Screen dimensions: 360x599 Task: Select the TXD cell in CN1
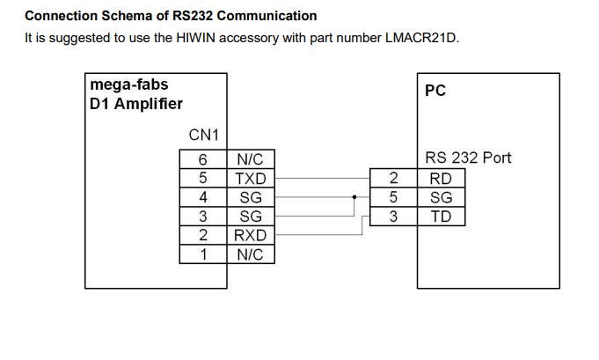click(x=251, y=179)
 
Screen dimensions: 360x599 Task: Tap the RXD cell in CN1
click(x=251, y=235)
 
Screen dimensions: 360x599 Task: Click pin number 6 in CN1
click(x=203, y=160)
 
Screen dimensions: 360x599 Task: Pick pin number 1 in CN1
click(x=203, y=254)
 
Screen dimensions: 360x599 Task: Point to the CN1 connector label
click(x=204, y=136)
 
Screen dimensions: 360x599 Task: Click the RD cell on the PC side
click(x=441, y=179)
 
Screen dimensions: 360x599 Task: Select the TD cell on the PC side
click(x=441, y=217)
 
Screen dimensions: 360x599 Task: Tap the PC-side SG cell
click(x=441, y=198)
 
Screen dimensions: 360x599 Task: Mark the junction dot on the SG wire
click(x=354, y=198)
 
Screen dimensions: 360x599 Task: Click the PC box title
click(x=435, y=92)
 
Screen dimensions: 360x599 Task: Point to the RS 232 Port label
click(x=468, y=158)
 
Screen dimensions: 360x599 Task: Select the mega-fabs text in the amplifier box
click(x=128, y=85)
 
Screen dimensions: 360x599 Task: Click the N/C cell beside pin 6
click(x=251, y=160)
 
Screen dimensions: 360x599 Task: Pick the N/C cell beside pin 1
click(x=251, y=254)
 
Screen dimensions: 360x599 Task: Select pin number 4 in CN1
click(x=203, y=198)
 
